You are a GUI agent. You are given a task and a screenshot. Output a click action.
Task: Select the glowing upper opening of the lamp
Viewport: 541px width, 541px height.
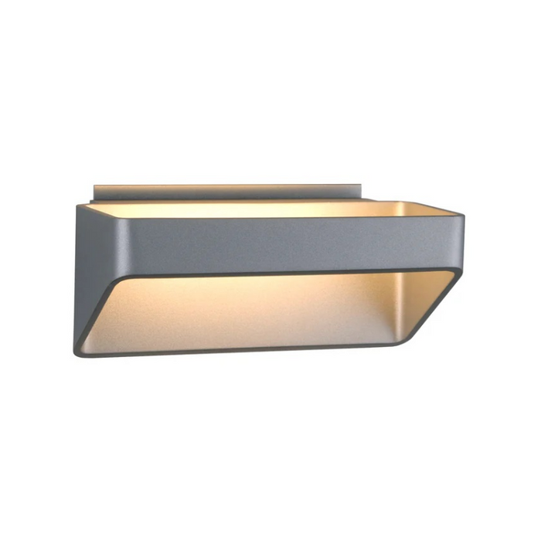(255, 209)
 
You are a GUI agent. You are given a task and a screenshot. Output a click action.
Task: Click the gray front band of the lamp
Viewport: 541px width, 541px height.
(270, 246)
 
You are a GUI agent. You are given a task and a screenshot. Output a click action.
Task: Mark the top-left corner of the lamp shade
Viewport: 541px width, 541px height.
(79, 206)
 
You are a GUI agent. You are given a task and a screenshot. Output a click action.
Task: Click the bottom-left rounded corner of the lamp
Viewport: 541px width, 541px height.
(79, 352)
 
